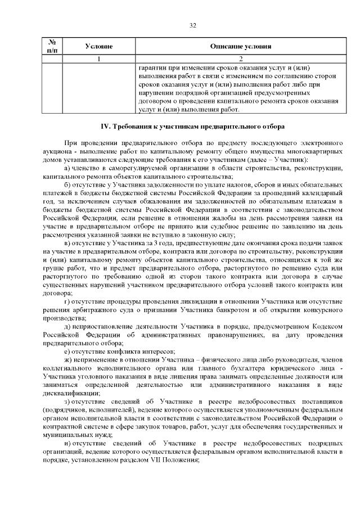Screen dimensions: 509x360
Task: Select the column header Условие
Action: point(99,46)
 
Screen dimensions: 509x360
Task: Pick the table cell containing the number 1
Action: point(99,58)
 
